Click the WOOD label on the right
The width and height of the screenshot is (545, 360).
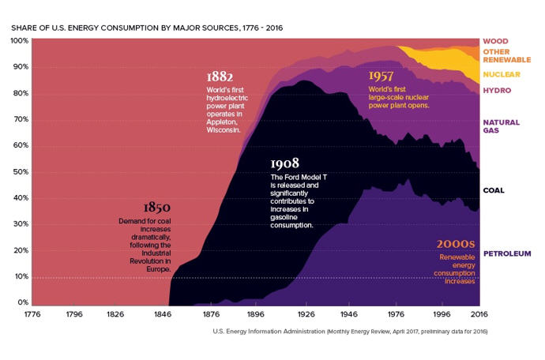pos(496,41)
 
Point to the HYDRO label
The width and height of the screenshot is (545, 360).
pos(497,91)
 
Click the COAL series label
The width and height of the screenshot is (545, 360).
pos(494,190)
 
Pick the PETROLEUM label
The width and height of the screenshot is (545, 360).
pos(507,253)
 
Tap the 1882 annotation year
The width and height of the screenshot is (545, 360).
pos(220,77)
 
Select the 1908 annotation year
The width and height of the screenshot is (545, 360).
pos(284,163)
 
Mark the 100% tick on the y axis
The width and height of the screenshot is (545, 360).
pos(20,40)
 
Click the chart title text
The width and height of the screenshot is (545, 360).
pos(147,28)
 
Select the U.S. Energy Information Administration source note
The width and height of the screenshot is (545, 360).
pos(350,332)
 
